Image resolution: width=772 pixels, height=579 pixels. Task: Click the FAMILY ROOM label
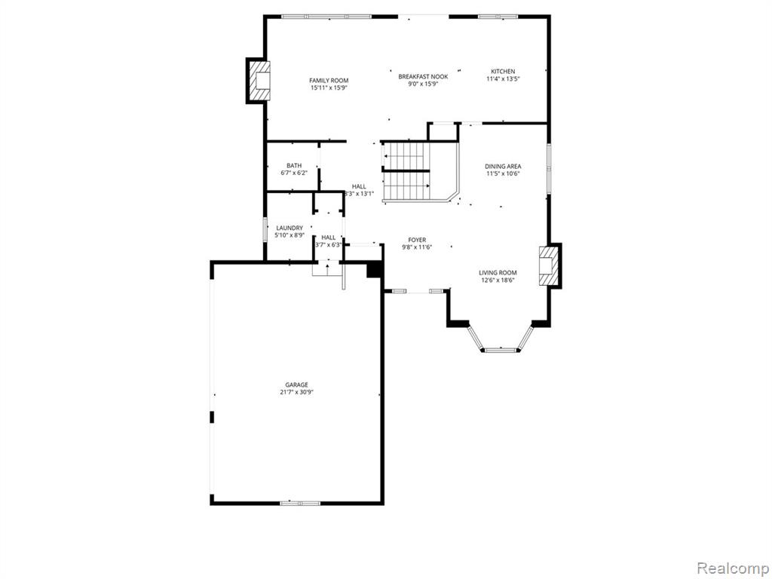[x=329, y=80]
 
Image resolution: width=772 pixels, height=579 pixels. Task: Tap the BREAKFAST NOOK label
[x=423, y=76]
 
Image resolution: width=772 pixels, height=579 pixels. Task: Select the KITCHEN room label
[x=503, y=72]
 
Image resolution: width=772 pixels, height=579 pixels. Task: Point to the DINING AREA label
[x=503, y=167]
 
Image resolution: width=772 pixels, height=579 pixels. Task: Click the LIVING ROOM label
[x=498, y=273]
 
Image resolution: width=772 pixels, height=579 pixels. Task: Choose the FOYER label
[x=417, y=240]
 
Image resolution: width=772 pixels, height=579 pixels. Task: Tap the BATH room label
[x=294, y=165]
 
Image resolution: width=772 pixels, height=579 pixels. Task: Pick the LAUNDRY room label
[x=289, y=228]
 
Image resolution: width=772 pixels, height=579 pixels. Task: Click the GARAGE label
[x=296, y=384]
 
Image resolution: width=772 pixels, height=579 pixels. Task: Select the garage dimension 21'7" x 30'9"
[x=296, y=392]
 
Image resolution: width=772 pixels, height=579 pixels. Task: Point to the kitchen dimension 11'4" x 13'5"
[x=503, y=78]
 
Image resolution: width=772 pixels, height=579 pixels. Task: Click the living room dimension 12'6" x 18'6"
[x=498, y=280]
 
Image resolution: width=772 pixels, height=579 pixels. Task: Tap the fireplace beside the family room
[x=258, y=80]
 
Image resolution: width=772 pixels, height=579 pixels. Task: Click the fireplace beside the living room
[x=550, y=266]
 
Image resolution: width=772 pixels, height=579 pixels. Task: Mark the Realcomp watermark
[x=731, y=568]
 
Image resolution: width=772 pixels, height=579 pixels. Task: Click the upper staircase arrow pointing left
[x=403, y=157]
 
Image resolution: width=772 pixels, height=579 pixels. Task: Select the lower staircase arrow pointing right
[x=406, y=185]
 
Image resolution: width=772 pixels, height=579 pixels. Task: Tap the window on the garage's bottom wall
[x=300, y=503]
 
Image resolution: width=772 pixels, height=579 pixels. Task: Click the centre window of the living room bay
[x=501, y=350]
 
